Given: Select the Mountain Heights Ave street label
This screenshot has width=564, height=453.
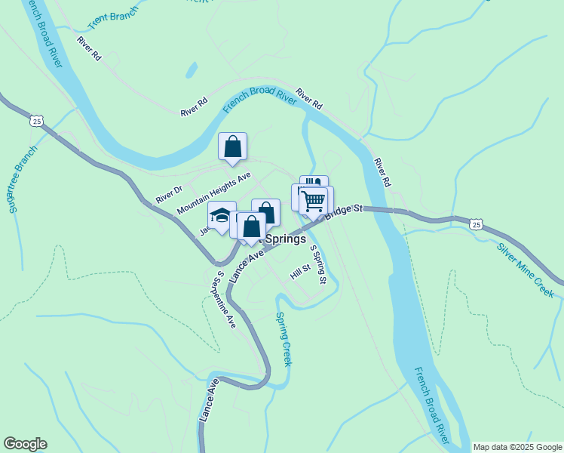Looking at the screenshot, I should (x=213, y=192).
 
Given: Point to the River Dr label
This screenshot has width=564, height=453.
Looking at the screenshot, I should (x=169, y=194).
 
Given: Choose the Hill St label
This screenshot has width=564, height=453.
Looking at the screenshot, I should (x=300, y=271).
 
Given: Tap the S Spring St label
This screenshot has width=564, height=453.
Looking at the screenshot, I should (x=318, y=267).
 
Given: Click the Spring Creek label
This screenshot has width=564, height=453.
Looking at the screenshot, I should (x=283, y=339).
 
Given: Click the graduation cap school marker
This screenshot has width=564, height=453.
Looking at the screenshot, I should (x=222, y=217).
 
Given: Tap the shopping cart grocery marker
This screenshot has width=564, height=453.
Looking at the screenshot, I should (x=314, y=201).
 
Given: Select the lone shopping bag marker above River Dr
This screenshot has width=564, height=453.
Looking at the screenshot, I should (x=233, y=146).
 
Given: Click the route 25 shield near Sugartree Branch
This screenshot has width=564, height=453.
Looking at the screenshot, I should (x=36, y=120).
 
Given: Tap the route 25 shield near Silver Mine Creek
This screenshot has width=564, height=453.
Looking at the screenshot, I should (x=475, y=224).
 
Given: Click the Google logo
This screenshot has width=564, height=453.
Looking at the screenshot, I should (x=25, y=444).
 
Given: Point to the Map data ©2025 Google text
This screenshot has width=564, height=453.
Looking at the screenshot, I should (x=516, y=447).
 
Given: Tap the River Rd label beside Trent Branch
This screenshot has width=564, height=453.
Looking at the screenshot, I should (x=88, y=48).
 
